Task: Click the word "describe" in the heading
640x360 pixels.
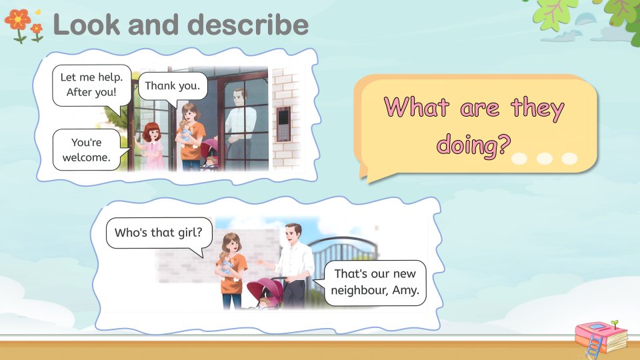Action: (x=248, y=25)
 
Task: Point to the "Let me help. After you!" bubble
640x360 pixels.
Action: (x=92, y=85)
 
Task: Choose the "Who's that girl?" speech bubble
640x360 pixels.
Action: (x=159, y=234)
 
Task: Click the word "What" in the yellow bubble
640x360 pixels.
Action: (x=417, y=107)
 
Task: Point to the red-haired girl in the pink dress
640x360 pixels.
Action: (x=152, y=146)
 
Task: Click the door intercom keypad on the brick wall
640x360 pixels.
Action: (x=283, y=124)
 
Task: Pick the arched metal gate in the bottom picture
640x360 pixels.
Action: (x=343, y=261)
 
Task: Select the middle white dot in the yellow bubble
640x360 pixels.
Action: (x=545, y=159)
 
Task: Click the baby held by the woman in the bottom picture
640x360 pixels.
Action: (x=226, y=264)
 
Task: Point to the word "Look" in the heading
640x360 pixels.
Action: (x=87, y=25)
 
